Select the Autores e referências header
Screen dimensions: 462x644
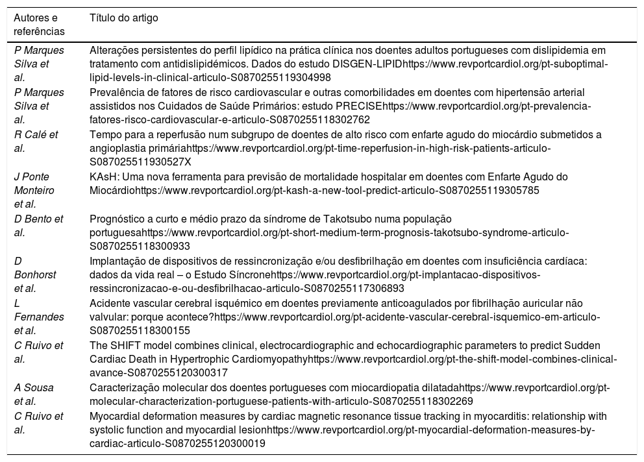coord(40,24)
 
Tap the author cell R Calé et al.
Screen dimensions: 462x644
coord(36,141)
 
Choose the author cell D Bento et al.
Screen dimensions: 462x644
coord(38,224)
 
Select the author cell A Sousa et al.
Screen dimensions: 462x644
coord(36,393)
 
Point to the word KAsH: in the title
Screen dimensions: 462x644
coord(103,176)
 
